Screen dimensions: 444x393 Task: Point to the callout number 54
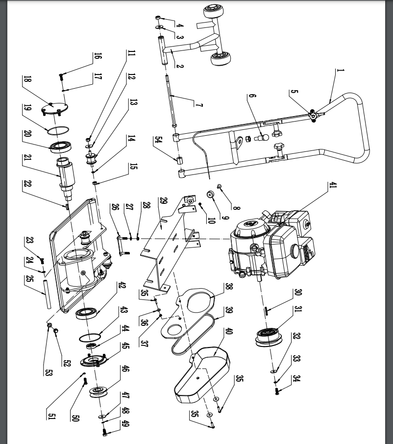tap(158, 143)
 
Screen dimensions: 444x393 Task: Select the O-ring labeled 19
tap(58, 130)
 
